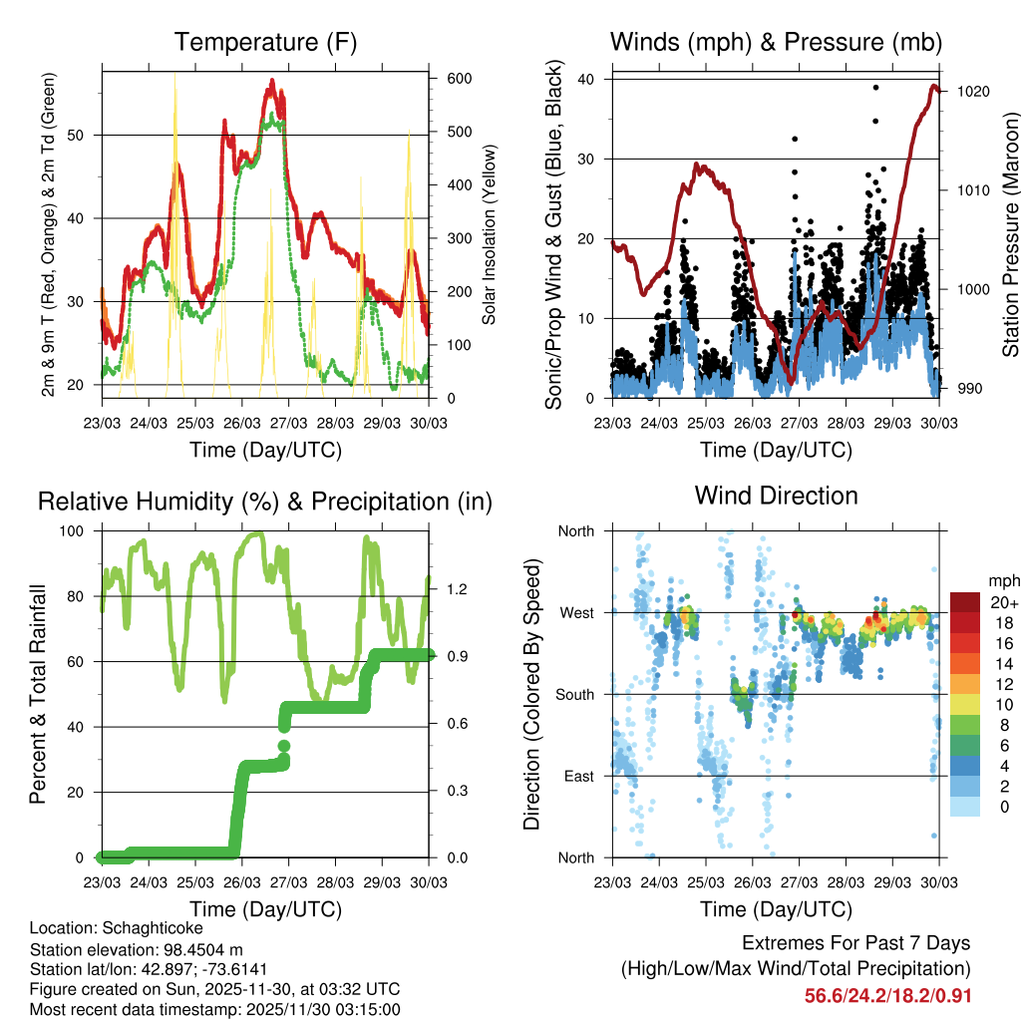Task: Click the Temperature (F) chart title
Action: pos(265,43)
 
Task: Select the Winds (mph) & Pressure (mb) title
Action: pos(776,43)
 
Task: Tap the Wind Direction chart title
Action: pos(776,495)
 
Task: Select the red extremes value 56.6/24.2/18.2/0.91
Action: pos(886,996)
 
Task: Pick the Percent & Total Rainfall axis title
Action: pos(37,694)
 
